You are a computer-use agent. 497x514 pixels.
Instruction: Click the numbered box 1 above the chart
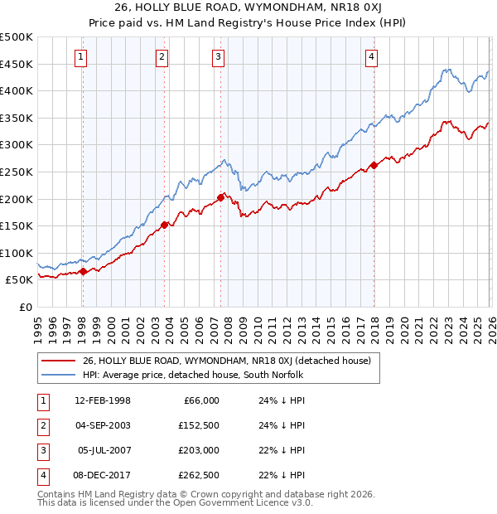pyautogui.click(x=81, y=57)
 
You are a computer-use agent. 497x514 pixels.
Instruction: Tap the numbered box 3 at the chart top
pyautogui.click(x=218, y=57)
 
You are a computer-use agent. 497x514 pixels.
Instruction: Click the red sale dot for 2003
pyautogui.click(x=165, y=224)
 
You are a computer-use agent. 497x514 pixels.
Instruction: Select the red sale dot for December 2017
pyautogui.click(x=374, y=165)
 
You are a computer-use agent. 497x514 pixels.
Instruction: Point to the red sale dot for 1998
pyautogui.click(x=83, y=271)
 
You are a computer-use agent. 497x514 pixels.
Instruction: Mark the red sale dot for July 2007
pyautogui.click(x=221, y=197)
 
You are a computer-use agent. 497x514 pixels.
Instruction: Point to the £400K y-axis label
pyautogui.click(x=17, y=90)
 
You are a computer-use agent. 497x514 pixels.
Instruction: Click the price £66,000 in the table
pyautogui.click(x=200, y=400)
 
